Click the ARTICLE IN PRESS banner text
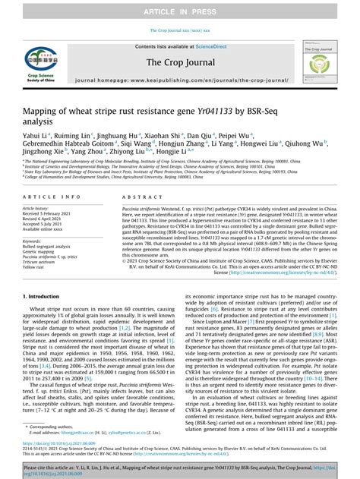click(x=179, y=8)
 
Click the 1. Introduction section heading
click(x=45, y=317)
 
